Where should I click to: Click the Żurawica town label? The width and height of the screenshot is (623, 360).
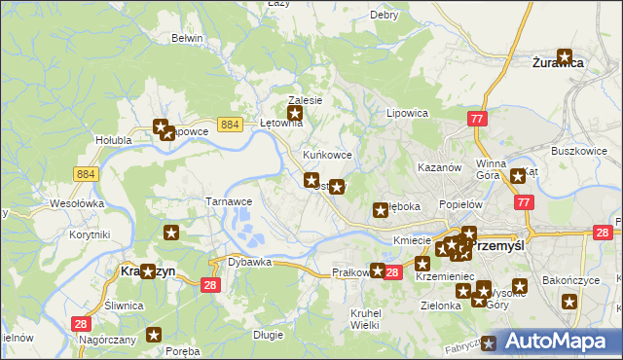(x=558, y=62)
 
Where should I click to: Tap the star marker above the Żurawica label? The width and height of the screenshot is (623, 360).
(x=565, y=56)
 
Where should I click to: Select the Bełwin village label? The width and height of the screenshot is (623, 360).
(x=186, y=38)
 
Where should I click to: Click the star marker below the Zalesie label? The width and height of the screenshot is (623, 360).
(x=296, y=115)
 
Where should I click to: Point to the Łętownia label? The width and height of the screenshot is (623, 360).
(x=283, y=124)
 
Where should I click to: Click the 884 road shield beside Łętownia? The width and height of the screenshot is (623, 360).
(x=230, y=125)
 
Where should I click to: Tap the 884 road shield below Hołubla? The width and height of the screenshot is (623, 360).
(x=86, y=173)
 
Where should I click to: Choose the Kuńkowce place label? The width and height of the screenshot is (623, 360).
(x=327, y=155)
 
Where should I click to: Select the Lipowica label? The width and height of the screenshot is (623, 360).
(x=408, y=113)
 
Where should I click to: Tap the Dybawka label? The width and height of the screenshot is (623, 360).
(x=248, y=262)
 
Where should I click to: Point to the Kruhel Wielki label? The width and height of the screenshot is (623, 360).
(x=364, y=318)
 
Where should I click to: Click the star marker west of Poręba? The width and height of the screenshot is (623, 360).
(x=153, y=336)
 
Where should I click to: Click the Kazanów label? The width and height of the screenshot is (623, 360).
(x=438, y=167)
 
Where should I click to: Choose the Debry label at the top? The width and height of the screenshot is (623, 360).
(x=385, y=16)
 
